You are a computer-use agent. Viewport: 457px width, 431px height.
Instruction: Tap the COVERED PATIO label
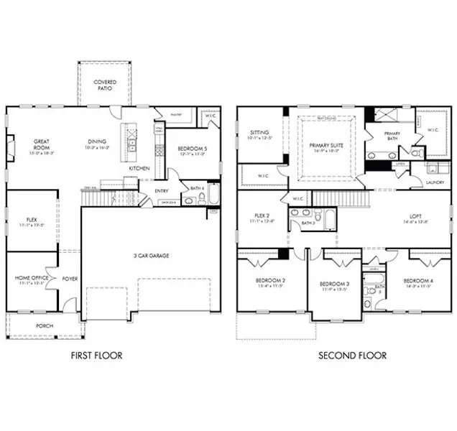coord(106,85)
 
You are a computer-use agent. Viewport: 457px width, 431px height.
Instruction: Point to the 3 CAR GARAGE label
coord(151,255)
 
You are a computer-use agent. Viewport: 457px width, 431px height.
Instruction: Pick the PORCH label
coord(34,325)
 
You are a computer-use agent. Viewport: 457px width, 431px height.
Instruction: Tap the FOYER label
coord(70,278)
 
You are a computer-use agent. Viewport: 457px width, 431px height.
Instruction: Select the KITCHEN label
coord(139,167)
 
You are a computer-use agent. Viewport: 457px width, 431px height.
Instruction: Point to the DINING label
coord(97,142)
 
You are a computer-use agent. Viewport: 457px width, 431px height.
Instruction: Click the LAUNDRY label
coord(434,182)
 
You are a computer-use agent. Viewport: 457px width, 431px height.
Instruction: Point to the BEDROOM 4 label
coord(417,280)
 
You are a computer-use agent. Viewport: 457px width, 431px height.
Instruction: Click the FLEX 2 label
coord(261,215)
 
